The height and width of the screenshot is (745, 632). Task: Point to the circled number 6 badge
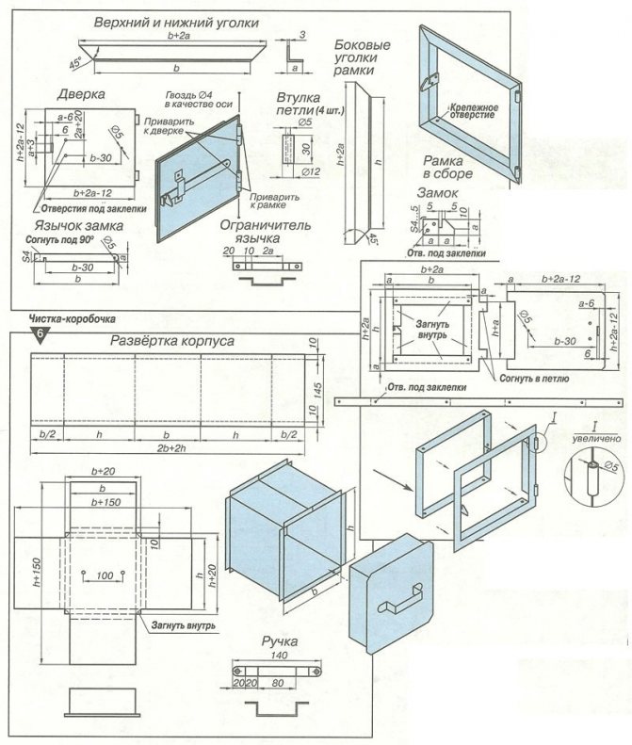pos(40,334)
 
